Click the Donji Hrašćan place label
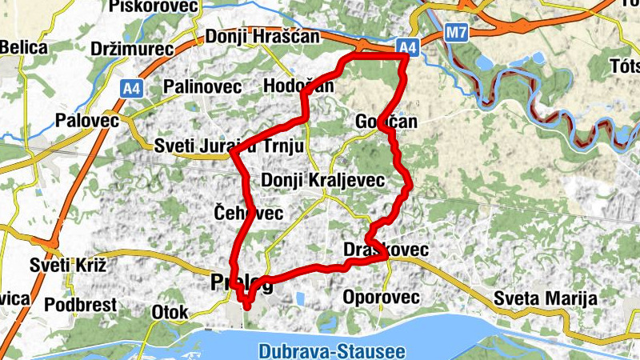pos(263,37)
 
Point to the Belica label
pos(24,48)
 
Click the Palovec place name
pos(87,122)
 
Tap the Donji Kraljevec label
pos(323,181)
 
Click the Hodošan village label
pos(298,86)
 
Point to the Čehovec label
pos(250,213)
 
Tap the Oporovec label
pos(381,298)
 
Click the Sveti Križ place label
pos(68,264)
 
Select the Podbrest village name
pos(81,305)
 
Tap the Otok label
pos(169,312)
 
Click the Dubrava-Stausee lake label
pos(332,350)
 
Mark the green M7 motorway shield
pos(455,33)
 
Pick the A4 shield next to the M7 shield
pos(408,48)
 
